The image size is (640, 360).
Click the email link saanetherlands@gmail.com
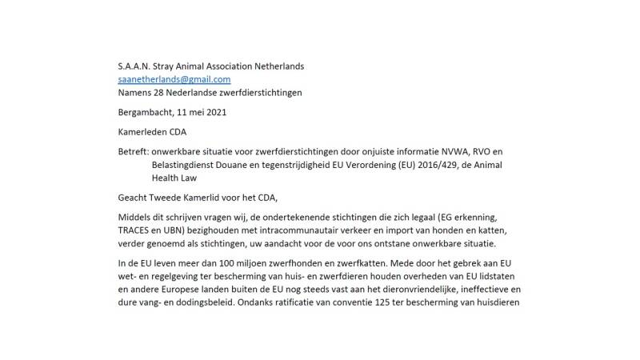tap(174, 79)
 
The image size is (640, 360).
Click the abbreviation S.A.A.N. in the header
tap(135, 66)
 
